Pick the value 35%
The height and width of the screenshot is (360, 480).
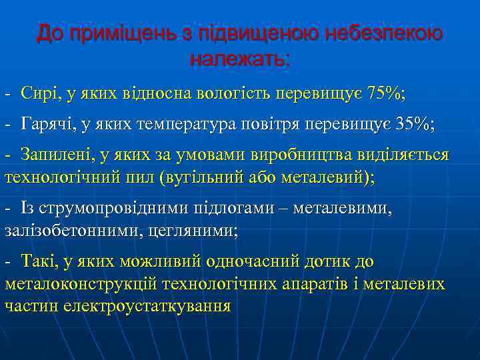409,124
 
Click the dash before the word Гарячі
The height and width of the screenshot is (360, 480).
7,125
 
